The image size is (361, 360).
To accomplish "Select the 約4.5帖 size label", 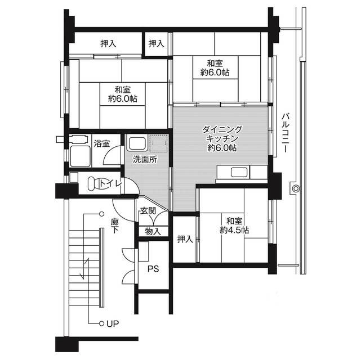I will (235, 230).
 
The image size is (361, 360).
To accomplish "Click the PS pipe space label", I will (153, 269).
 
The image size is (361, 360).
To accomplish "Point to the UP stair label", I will (112, 323).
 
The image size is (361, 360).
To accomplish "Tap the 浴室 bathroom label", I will (101, 143).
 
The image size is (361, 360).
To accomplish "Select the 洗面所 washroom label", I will (145, 159).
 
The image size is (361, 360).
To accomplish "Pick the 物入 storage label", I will (153, 231).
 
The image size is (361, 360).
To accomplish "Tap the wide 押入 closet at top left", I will (109, 43).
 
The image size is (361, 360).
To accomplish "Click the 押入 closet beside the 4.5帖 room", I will (185, 239).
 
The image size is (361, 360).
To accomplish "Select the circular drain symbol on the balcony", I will (295, 188).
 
